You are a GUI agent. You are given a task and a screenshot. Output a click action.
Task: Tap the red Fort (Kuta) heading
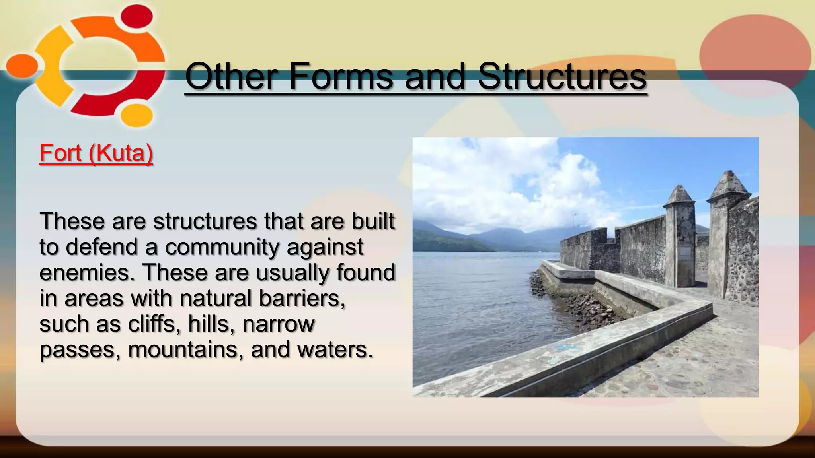coord(96,153)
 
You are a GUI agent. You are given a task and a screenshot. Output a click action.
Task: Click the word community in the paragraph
coord(222,248)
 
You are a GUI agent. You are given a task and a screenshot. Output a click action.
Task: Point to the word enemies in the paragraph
coord(87,273)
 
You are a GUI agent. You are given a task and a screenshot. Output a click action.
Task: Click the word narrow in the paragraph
coord(278,324)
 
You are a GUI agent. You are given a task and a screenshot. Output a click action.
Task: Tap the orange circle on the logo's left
coord(22,66)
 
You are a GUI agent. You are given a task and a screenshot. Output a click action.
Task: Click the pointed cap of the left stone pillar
coord(679,195)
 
